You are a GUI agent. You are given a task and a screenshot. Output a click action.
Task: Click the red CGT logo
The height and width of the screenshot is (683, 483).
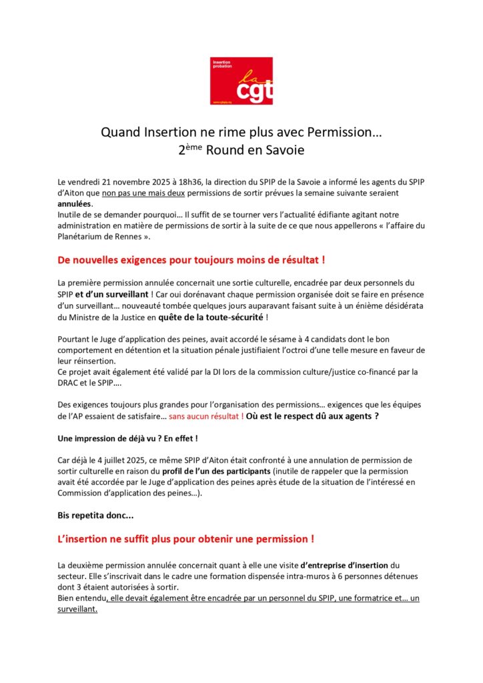pyautogui.click(x=241, y=81)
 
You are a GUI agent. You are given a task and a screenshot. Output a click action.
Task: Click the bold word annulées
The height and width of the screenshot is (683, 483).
pyautogui.click(x=75, y=203)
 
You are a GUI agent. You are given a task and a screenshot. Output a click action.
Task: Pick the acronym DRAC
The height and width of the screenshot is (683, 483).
pyautogui.click(x=71, y=382)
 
